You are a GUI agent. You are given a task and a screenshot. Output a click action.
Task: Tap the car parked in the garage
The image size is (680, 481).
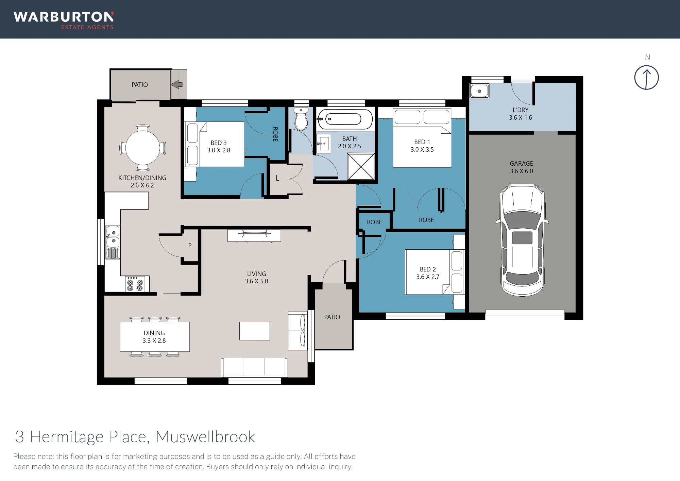522,240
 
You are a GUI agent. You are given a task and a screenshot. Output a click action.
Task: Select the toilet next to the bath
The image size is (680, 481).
301,119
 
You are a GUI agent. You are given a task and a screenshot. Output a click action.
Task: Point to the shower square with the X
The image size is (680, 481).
361,166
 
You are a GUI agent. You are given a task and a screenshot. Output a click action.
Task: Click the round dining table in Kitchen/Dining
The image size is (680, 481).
143,148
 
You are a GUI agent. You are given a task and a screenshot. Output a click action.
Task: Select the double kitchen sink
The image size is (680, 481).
113,242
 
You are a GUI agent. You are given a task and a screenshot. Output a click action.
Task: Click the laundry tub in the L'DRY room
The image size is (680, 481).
479,91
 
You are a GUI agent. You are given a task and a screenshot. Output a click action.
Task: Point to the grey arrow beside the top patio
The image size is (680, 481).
177,84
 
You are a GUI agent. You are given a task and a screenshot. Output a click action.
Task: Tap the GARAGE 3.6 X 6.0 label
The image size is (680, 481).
521,167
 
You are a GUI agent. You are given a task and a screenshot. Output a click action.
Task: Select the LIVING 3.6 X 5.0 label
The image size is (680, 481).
256,278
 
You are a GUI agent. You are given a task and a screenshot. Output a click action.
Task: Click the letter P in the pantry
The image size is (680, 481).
190,245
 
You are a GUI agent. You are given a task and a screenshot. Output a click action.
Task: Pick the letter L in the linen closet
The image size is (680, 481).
277,178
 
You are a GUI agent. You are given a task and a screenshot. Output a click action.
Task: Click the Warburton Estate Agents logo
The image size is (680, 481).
64,20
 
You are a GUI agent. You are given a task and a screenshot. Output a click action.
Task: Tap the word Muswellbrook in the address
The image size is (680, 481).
205,437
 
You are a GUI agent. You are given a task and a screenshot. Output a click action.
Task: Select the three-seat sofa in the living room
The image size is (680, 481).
254,367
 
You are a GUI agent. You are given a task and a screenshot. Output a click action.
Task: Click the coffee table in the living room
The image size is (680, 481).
254,331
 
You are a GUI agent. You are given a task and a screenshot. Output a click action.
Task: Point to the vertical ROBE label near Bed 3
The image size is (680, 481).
275,134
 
